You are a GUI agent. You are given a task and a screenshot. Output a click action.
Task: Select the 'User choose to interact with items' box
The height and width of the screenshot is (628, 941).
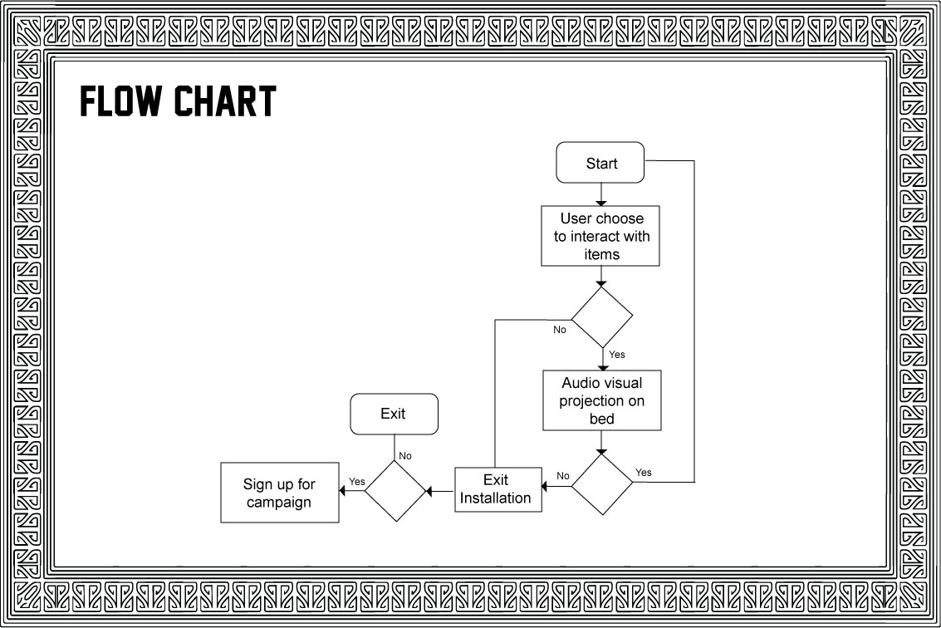600,236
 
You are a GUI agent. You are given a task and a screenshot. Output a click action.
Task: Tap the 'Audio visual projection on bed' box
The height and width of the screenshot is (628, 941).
601,400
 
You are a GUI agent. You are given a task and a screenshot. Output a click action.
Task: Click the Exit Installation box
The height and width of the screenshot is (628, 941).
497,489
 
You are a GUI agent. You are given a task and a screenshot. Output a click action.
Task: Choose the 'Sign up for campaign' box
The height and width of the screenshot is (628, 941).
279,493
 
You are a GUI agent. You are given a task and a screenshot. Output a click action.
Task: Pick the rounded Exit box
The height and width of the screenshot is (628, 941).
394,414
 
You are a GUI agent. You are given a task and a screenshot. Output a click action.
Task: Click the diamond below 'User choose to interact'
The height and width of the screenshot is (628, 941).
601,317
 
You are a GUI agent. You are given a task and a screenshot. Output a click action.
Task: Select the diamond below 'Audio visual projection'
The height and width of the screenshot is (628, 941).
602,483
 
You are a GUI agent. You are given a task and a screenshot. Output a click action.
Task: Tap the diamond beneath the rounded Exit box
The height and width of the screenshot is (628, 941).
395,491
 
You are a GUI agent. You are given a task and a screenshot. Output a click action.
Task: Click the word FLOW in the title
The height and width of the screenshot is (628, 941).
122,101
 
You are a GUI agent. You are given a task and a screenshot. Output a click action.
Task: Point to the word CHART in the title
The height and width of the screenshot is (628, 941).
225,101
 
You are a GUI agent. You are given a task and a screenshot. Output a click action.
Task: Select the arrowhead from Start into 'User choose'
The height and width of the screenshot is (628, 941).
601,202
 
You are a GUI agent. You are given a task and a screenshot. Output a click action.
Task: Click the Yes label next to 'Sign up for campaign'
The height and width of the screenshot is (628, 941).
357,482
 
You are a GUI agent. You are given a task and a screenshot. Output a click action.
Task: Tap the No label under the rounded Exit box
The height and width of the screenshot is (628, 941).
405,455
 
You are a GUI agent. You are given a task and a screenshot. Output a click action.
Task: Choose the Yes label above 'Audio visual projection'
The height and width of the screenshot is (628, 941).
616,355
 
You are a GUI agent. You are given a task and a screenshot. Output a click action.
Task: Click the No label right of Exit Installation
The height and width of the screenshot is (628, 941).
563,476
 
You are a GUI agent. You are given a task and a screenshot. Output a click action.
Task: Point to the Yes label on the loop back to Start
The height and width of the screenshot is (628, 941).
644,473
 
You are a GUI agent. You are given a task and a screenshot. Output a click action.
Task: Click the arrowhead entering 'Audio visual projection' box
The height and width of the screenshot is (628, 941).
602,366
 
